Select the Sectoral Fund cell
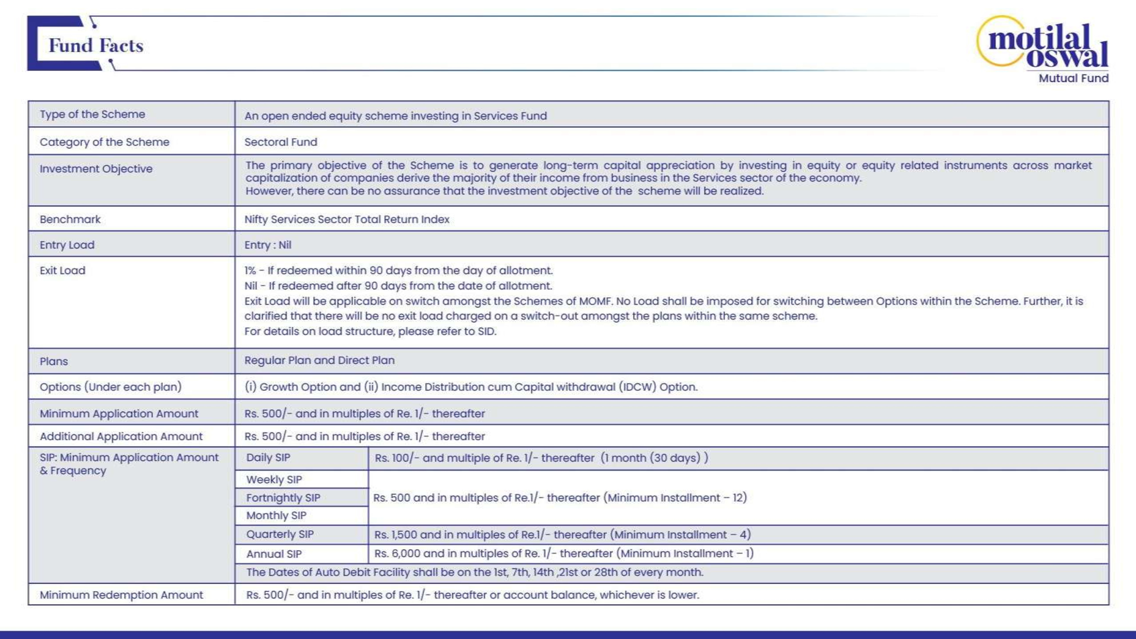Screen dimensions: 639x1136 (x=281, y=142)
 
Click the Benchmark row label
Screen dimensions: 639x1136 (x=70, y=219)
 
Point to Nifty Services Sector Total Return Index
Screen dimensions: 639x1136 (x=346, y=219)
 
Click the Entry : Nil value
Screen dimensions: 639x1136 (x=268, y=245)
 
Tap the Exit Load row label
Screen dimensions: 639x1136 (x=62, y=270)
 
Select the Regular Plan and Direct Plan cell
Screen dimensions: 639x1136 (x=319, y=360)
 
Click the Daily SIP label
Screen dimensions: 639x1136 (x=268, y=458)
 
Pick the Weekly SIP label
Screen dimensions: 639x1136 (x=274, y=479)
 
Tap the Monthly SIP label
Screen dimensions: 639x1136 (x=276, y=515)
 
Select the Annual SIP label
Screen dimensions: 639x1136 (x=274, y=554)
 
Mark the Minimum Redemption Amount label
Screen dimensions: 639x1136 (x=121, y=595)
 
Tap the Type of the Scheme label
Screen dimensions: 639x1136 (x=92, y=114)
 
